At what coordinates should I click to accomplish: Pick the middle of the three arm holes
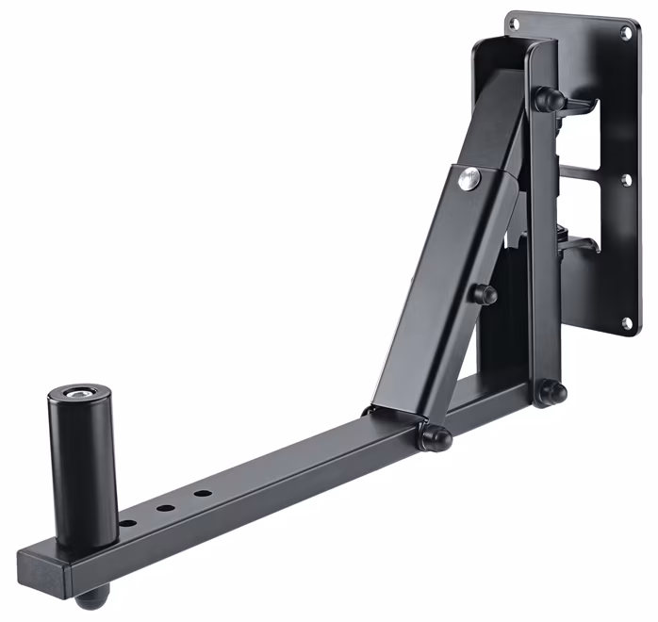(165, 508)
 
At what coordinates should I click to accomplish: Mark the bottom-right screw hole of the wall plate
(626, 323)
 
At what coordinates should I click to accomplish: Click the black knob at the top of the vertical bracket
(550, 98)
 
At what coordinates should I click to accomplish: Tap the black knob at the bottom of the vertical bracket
(554, 390)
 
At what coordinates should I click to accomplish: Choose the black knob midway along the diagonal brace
(484, 294)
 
